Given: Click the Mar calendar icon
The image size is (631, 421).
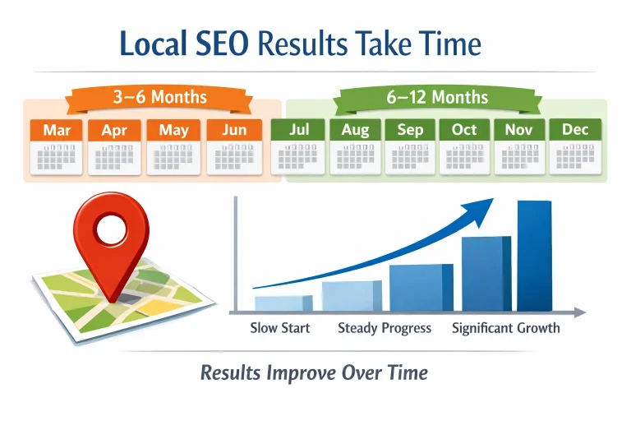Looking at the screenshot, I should coord(57,146).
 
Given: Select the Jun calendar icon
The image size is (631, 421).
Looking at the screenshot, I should coord(234,146).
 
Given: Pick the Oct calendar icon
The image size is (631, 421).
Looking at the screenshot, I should coord(464,146).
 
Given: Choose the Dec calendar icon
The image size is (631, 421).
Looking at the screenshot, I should coord(575,146).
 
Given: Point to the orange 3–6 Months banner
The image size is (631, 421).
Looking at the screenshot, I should coord(159,98).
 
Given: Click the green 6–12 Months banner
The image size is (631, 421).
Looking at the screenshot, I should coord(436,98).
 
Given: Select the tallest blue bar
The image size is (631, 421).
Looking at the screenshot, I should coord(534,256).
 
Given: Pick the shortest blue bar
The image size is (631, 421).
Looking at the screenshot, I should coord(283,303).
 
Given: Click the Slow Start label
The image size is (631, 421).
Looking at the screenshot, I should coord(280,328).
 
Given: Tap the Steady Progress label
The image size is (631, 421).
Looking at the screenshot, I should coord(384,328).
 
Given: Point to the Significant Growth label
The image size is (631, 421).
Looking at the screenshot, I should coord(505,328).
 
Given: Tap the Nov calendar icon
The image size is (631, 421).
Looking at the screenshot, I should coord(519,146).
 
